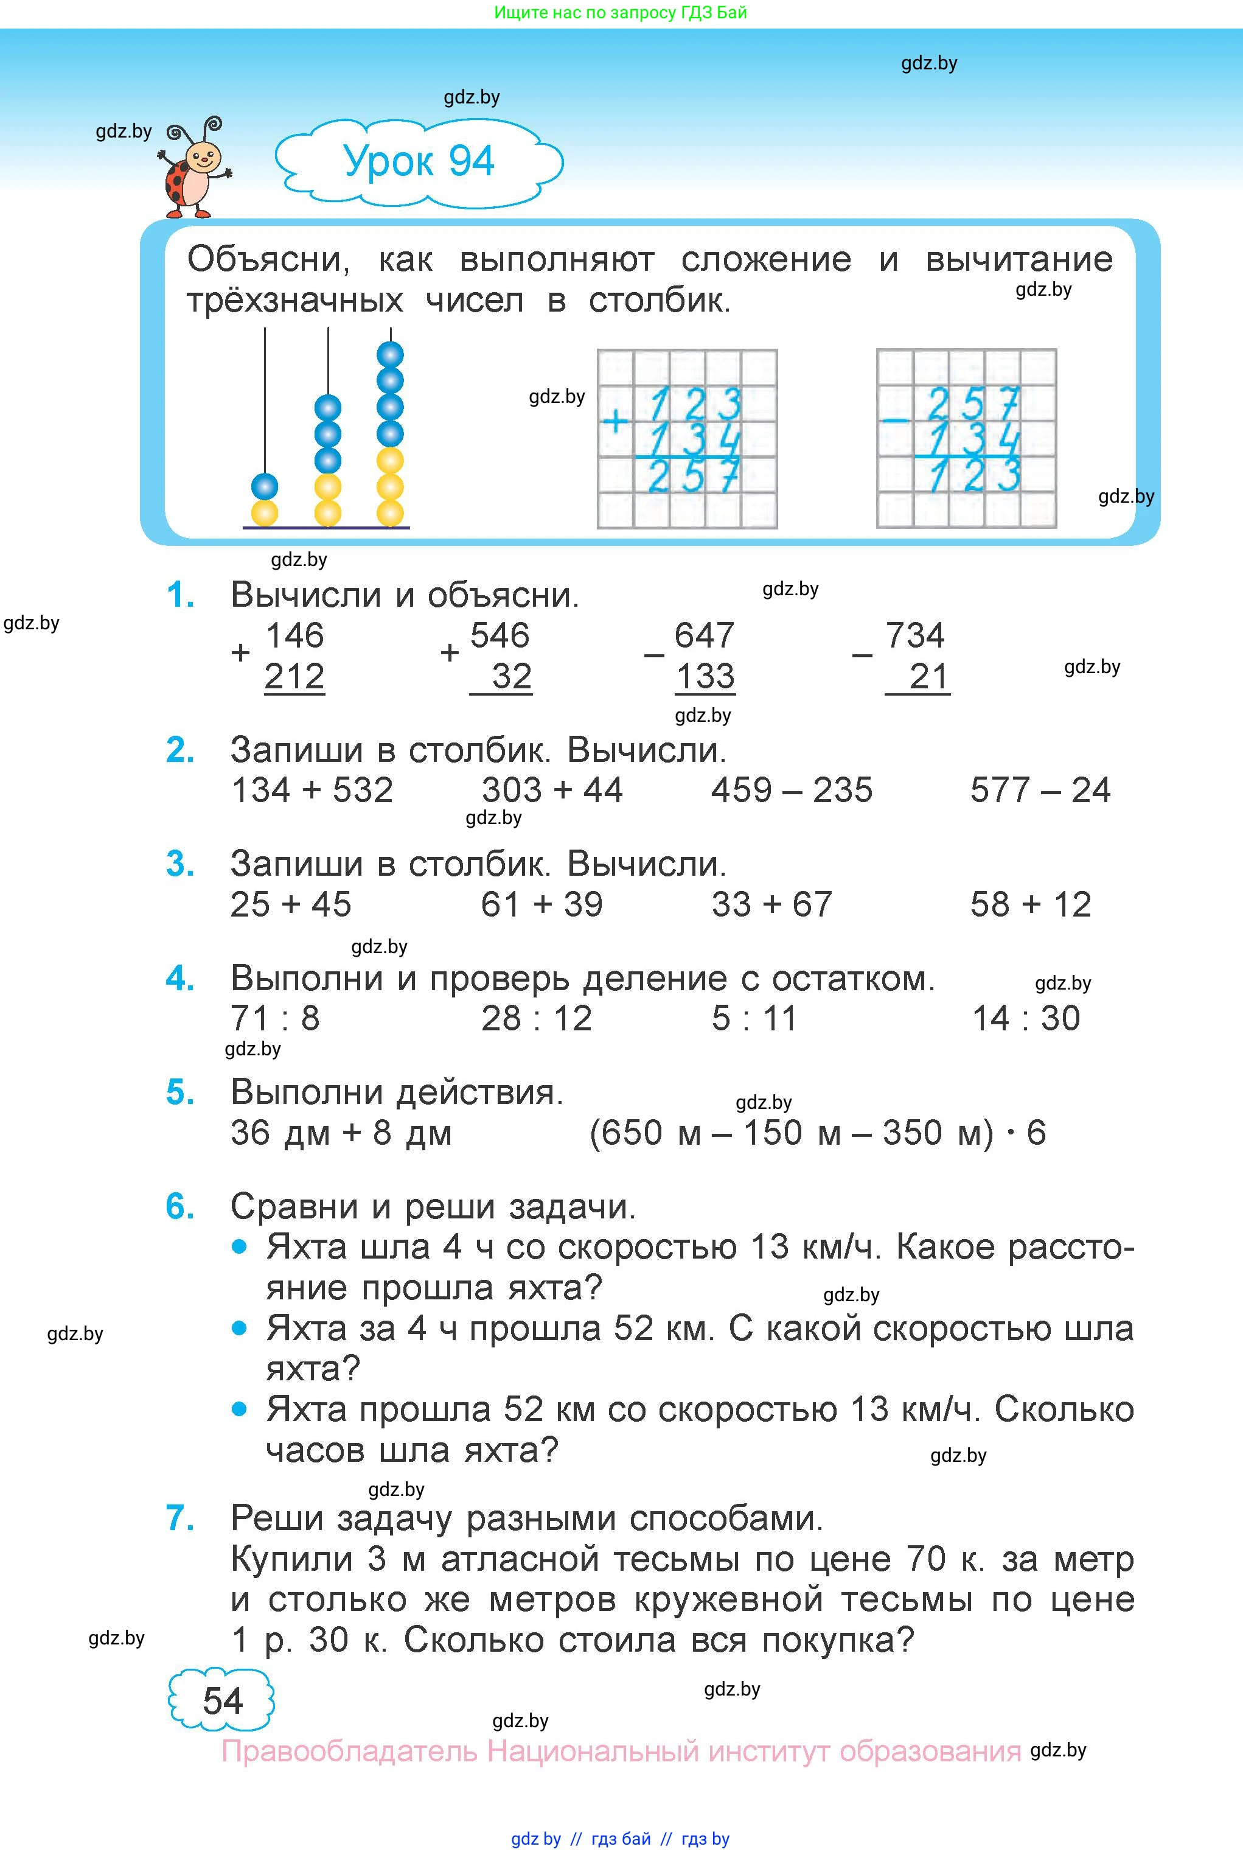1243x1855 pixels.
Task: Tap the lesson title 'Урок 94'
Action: tap(419, 162)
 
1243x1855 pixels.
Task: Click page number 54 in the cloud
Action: tap(222, 1701)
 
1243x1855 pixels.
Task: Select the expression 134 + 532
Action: tap(312, 791)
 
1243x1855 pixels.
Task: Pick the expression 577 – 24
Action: tap(1040, 791)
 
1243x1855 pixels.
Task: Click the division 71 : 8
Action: tap(275, 1019)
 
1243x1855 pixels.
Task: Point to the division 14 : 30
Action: tap(1026, 1019)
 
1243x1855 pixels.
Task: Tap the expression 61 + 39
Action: tap(541, 904)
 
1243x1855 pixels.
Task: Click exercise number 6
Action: tap(181, 1207)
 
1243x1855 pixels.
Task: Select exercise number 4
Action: tap(181, 979)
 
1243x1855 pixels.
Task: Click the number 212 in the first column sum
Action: tap(294, 677)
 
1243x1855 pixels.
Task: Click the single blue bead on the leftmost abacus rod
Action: tap(264, 486)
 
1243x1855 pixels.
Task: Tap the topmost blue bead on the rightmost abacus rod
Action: tap(390, 354)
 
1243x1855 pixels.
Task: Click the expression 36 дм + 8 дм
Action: tap(341, 1133)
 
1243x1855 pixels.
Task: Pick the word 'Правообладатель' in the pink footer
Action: tap(349, 1751)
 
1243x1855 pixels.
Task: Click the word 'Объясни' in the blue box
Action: tap(267, 259)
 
